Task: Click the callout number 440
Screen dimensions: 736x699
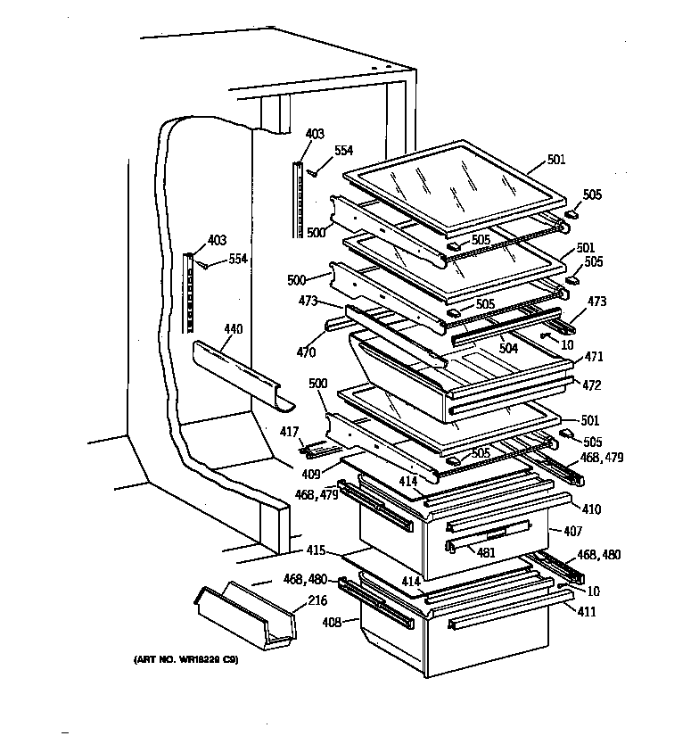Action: (x=233, y=329)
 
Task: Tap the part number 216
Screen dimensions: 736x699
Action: (x=317, y=600)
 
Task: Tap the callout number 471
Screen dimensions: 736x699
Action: (x=593, y=357)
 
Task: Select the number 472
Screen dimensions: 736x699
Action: (x=592, y=385)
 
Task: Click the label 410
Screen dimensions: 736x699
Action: (x=591, y=509)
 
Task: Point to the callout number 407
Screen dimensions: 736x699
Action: (x=572, y=531)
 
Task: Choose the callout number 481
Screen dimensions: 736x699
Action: (x=486, y=552)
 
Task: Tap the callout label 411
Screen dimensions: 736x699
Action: (x=586, y=612)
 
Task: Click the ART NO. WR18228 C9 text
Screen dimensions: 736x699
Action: (x=186, y=661)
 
